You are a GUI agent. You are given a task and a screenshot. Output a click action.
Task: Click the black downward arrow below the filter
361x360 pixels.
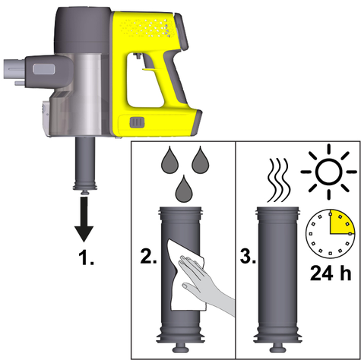tap(84, 219)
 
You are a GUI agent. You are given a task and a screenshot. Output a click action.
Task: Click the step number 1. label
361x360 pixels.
tap(86, 257)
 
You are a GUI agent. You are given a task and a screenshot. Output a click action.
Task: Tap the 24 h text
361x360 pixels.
tap(331, 273)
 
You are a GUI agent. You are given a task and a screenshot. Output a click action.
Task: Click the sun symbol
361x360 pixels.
tap(329, 172)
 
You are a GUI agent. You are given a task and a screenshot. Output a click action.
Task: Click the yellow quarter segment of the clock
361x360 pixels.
tap(340, 222)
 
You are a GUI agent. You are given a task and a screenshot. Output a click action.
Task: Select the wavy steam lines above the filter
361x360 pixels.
tap(278, 180)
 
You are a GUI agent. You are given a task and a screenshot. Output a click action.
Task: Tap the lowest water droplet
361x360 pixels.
tap(184, 189)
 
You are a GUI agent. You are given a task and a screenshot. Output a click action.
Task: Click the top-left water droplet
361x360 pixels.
tap(170, 160)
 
